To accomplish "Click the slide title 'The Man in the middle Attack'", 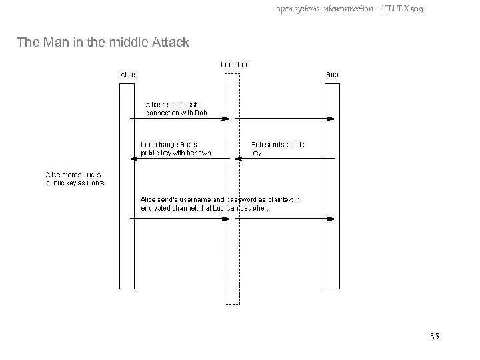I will pos(103,43).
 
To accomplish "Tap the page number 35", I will pos(435,336).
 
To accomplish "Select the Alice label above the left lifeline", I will pos(127,75).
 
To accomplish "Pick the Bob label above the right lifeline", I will pos(331,75).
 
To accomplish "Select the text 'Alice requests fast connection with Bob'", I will pos(177,109).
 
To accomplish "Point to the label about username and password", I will pos(220,203).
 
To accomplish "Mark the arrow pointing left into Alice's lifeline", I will pos(180,159).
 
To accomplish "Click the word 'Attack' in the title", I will pos(170,43).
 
